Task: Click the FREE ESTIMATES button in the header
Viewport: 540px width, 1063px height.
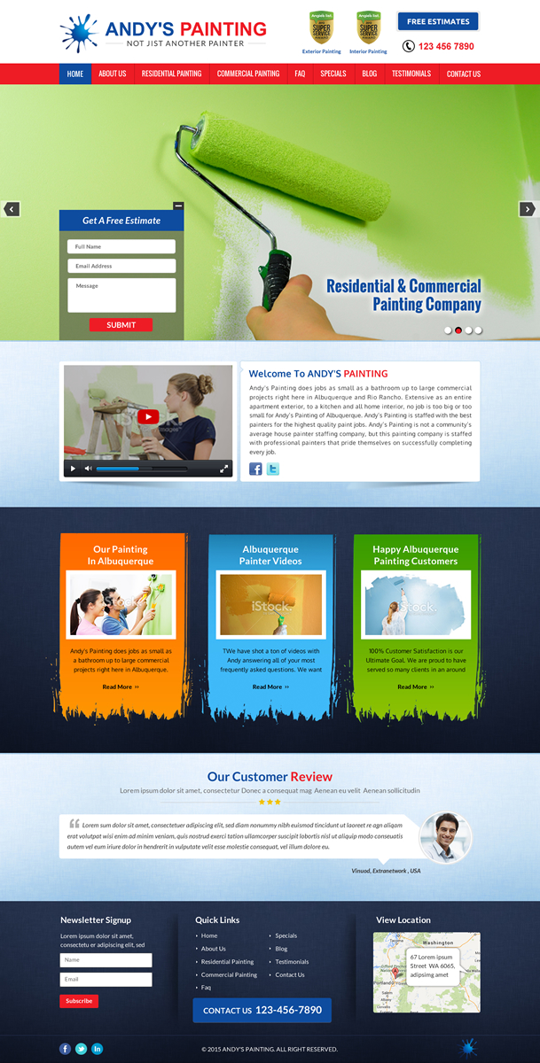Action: [x=438, y=21]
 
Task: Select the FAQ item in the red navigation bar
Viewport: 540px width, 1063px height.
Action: [x=301, y=74]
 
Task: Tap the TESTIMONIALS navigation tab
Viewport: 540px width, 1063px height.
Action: [x=411, y=74]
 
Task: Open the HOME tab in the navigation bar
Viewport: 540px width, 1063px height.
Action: [x=75, y=74]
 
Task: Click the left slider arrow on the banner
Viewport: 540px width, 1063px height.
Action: [x=12, y=209]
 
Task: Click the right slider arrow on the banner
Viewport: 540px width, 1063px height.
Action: [x=527, y=209]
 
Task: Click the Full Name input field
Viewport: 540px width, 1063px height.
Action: [x=121, y=246]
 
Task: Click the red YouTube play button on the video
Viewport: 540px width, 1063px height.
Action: [x=148, y=417]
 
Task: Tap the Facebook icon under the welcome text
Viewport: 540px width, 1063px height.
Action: [x=255, y=469]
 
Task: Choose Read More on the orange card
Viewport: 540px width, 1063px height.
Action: [x=121, y=687]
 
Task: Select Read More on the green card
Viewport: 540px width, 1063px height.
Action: [x=416, y=687]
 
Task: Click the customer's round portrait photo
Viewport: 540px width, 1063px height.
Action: [x=444, y=837]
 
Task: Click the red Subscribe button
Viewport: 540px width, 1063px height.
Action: [x=79, y=1001]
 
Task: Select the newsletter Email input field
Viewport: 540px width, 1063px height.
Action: [x=106, y=979]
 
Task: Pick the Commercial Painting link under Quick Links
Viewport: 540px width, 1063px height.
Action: [x=229, y=974]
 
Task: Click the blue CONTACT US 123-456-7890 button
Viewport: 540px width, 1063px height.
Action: [x=262, y=1010]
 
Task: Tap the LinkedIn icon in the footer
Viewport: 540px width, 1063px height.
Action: [x=98, y=1049]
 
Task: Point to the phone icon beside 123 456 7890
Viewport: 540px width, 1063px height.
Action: [x=409, y=46]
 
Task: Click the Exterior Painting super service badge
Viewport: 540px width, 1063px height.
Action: [x=321, y=28]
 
